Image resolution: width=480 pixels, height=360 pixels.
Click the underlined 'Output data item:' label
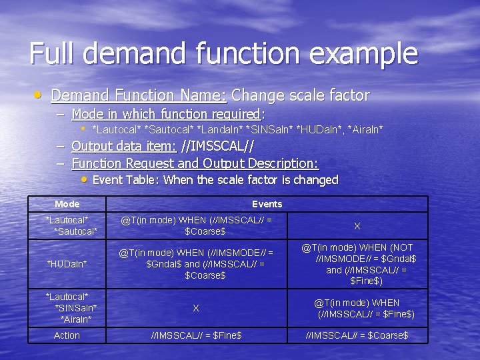[x=123, y=146]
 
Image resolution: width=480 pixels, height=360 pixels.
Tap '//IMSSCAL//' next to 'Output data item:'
[x=217, y=146]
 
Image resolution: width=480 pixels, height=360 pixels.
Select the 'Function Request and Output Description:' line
[x=195, y=163]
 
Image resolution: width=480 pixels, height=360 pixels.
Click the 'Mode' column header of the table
[x=67, y=204]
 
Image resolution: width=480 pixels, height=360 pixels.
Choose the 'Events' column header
[x=267, y=204]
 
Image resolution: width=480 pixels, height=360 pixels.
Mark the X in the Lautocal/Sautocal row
[x=357, y=226]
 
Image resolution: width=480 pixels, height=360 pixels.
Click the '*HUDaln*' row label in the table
[x=67, y=264]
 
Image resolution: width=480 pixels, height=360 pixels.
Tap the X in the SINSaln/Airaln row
[x=195, y=308]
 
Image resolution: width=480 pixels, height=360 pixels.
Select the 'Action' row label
[x=67, y=335]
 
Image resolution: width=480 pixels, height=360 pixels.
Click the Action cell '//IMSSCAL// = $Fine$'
[x=196, y=335]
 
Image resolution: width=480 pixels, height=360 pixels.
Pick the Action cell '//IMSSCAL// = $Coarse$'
[x=357, y=335]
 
